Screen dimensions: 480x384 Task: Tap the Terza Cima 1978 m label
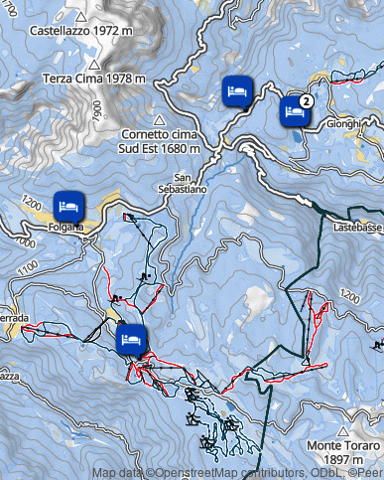point(93,79)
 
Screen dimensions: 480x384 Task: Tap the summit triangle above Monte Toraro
point(342,432)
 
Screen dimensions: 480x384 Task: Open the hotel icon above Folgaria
point(67,205)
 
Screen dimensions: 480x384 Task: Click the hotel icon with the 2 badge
point(294,109)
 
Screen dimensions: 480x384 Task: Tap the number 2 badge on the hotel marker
point(307,100)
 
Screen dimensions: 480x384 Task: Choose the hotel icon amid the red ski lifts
point(132,339)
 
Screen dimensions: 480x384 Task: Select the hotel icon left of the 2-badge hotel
point(236,90)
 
